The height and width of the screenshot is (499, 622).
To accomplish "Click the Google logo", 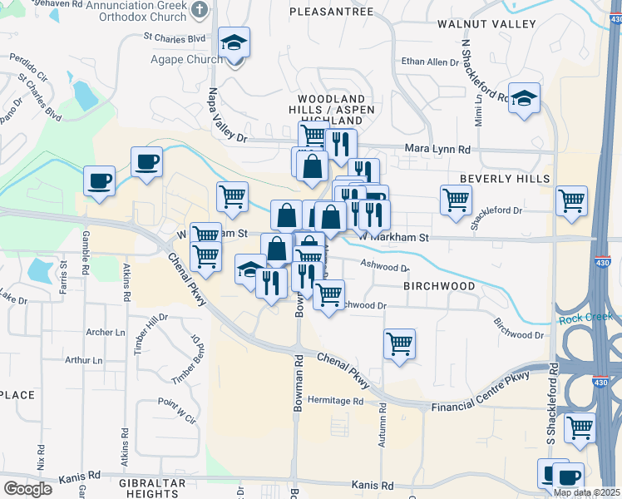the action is tap(27, 489).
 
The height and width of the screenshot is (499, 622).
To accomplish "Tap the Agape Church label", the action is tap(186, 59).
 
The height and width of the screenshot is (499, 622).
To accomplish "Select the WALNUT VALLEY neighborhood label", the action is tap(486, 24).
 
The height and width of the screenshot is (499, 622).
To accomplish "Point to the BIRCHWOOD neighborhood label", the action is tap(439, 286).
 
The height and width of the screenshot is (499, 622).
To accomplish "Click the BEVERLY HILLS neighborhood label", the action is tap(505, 179).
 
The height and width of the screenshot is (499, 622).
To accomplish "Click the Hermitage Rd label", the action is tap(336, 400).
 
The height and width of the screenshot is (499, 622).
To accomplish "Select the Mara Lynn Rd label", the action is tap(437, 149).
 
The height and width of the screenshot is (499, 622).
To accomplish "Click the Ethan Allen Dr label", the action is tap(430, 62).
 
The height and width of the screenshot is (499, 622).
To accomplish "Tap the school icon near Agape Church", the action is tap(234, 44).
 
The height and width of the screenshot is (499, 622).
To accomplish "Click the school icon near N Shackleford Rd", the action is tap(525, 99).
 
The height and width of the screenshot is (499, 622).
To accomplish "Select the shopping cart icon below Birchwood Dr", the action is tap(400, 343).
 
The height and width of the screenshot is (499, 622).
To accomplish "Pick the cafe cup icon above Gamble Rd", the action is tap(99, 180).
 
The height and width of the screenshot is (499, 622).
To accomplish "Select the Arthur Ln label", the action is tap(85, 360).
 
